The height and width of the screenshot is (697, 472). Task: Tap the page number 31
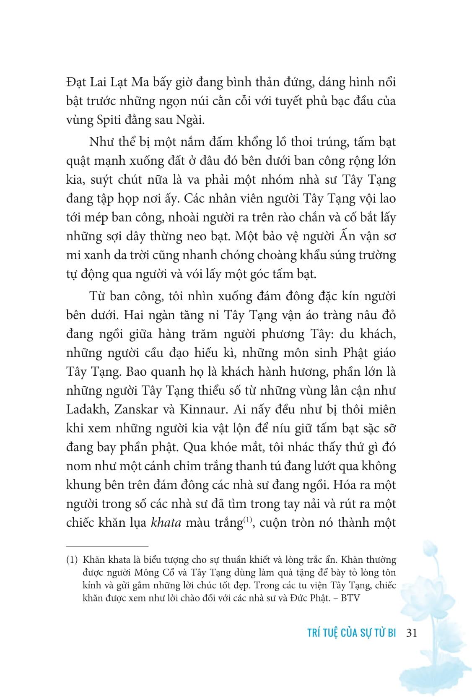pos(411,633)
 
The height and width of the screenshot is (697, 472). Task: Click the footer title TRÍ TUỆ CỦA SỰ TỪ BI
pos(352,633)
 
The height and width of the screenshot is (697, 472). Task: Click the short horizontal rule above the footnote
pos(107,546)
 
